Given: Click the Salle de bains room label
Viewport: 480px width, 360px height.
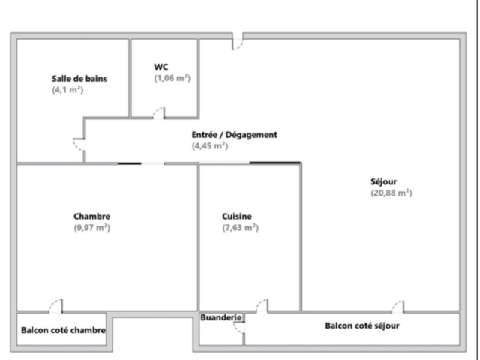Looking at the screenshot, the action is point(79,79).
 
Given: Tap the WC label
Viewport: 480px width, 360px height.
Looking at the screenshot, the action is point(161,67).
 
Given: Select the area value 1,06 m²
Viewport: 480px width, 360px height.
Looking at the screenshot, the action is point(172,78).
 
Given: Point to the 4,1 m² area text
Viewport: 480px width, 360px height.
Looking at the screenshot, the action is point(67,90).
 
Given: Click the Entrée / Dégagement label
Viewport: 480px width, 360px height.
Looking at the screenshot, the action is point(235,135).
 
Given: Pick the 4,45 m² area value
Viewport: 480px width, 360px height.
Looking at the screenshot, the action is point(210,145).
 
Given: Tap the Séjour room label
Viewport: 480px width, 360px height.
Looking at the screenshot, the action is point(383,181).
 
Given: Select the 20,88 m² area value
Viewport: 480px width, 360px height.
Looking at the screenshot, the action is point(391,193).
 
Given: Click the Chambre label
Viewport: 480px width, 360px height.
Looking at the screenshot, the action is point(91,217).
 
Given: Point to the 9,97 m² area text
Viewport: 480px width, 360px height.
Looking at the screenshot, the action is point(91,228).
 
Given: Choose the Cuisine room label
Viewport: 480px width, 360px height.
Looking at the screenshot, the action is point(237,217).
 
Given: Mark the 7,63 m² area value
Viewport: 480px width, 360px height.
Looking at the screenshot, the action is point(240,228).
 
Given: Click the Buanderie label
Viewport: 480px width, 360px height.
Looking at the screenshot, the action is point(221,317).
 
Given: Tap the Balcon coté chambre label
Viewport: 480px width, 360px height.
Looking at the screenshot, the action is point(63,330).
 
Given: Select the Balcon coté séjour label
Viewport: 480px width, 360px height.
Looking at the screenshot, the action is point(362,325).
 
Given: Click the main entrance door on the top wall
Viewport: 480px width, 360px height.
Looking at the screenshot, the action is point(238,41).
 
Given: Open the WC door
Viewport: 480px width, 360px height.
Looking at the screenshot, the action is point(159,112).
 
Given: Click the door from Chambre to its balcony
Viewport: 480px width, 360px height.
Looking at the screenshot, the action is point(55,306).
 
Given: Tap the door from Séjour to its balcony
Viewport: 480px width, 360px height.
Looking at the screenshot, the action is point(398,307).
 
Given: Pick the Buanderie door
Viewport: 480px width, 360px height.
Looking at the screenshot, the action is point(239,327).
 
